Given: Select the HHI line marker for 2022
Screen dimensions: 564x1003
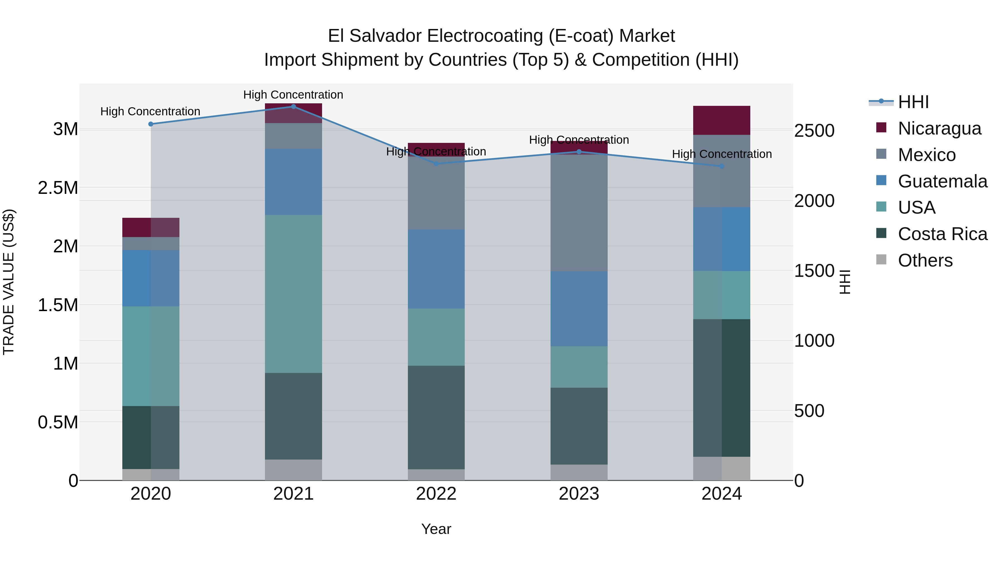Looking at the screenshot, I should pos(436,164).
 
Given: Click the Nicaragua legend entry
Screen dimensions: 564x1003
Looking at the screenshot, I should pos(939,128).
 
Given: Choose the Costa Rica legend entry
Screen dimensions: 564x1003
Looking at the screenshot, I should pos(942,234).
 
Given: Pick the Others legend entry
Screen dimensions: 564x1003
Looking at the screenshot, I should pos(925,260).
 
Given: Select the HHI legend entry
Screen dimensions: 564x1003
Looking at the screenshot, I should pos(913,102).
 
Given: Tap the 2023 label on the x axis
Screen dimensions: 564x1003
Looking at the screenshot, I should pos(579,494).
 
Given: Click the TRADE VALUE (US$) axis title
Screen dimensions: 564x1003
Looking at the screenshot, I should pos(9,282).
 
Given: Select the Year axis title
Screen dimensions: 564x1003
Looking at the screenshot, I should pos(436,529).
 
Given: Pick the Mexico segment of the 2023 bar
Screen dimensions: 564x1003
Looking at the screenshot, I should pos(579,213).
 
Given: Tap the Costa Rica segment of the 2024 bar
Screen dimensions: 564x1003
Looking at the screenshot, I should pos(722,388).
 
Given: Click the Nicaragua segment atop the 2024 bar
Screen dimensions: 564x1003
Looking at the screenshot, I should pos(722,120).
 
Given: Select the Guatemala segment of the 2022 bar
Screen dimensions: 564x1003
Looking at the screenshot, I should pos(436,269).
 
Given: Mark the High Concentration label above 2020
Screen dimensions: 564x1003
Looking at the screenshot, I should pos(150,111).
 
